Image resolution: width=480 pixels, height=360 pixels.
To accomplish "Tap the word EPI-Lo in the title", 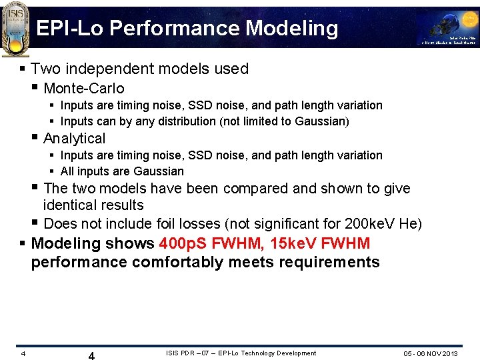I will pos(70,29).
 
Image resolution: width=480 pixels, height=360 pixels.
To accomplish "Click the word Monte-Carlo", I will pos(83,88).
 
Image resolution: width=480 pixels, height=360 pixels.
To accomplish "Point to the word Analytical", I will pos(74,139).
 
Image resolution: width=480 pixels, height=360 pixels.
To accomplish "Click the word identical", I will pos(71,205).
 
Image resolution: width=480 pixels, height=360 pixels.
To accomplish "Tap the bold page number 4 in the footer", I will pos(91,356).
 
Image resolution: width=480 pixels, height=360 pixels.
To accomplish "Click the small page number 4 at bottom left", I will pos(23,353).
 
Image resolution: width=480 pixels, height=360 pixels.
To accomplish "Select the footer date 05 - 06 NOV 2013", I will pos(431,353).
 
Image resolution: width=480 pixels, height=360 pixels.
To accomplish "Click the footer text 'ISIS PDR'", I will pos(180,353).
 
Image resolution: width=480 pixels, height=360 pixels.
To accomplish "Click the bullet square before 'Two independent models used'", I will pos(23,69).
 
